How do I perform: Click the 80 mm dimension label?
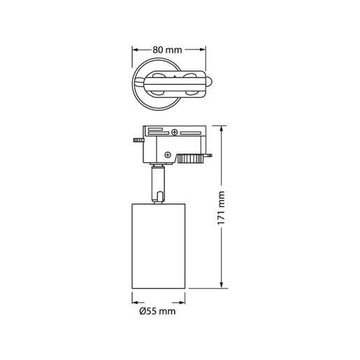point(168,50)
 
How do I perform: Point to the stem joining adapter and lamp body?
point(159,185)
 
